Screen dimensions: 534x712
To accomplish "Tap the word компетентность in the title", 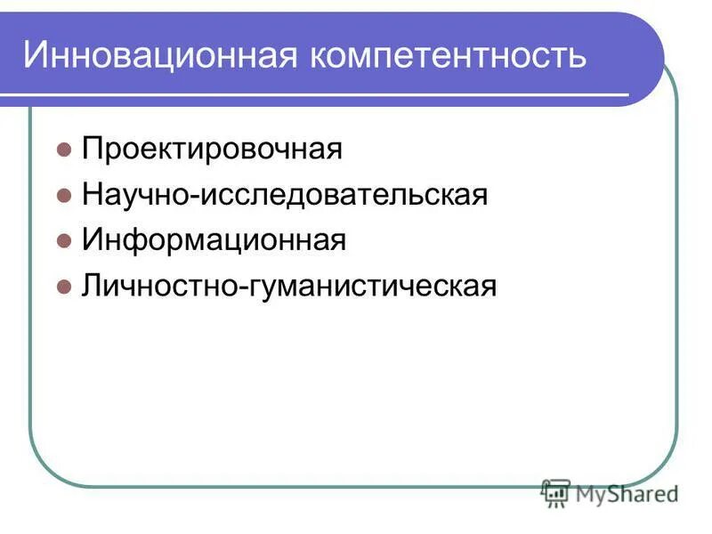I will [x=448, y=55].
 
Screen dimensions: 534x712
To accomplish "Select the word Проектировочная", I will [x=212, y=149].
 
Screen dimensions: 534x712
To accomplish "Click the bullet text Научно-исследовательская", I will [x=285, y=195].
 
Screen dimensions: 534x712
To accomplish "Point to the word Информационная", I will [x=214, y=240].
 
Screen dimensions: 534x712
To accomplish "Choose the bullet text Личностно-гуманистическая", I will [x=288, y=287].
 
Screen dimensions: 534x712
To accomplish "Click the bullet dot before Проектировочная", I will [x=63, y=150].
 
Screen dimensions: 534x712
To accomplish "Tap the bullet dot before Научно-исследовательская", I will [x=63, y=196].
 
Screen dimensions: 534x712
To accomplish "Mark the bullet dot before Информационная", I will [x=63, y=241].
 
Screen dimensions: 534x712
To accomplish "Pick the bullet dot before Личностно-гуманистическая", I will [x=63, y=287].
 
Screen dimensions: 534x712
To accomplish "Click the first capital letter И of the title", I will [x=36, y=55].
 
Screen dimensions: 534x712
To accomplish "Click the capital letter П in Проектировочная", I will [x=92, y=149].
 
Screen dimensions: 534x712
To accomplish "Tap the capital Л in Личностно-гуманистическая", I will [x=91, y=287].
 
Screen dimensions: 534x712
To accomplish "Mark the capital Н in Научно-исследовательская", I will [x=92, y=195].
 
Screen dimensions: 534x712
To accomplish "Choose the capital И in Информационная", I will [x=92, y=240].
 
